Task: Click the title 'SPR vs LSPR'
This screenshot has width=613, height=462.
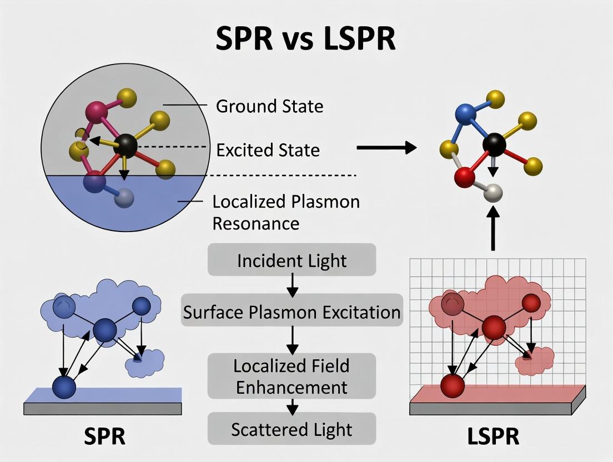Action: point(306,38)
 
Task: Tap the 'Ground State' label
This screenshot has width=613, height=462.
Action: point(270,106)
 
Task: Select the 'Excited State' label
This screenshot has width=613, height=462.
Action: point(268,150)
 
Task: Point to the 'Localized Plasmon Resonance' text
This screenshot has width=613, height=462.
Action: point(286,213)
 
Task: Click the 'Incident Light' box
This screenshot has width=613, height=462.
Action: point(292,260)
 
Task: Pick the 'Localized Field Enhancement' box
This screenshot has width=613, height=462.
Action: point(292,376)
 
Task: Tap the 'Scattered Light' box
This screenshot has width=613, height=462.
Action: point(292,429)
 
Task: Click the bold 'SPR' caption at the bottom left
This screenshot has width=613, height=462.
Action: point(105,436)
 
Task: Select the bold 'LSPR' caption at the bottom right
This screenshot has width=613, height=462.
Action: point(494,436)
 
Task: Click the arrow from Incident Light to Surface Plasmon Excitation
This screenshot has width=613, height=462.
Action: point(292,285)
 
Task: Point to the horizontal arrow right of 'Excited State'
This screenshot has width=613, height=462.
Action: point(386,148)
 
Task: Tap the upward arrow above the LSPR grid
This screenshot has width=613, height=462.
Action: point(493,229)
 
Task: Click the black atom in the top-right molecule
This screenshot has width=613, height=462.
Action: point(494,144)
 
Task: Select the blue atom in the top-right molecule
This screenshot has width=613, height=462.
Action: point(466,114)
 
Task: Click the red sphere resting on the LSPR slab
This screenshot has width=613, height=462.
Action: point(453,385)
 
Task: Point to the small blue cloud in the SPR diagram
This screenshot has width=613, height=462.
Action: point(144,363)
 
